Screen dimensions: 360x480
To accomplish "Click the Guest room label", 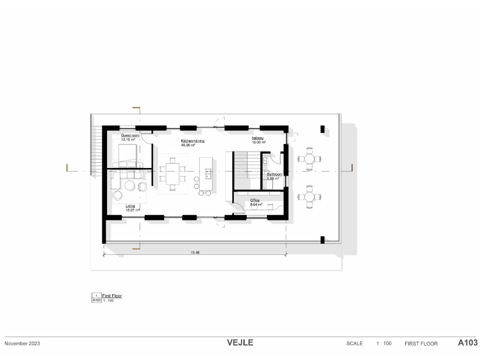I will point(130,136).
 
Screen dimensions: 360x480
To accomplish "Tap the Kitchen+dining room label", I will point(193,141).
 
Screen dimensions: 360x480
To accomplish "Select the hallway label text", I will point(258,138).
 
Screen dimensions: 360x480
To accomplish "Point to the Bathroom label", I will point(275,174).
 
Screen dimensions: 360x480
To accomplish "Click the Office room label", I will point(255,200).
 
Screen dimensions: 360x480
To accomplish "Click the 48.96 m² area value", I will point(187,144).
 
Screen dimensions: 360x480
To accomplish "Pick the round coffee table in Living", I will point(130,185).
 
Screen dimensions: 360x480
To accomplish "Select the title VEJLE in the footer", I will point(240,343).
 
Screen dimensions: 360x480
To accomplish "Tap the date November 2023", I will point(22,343).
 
